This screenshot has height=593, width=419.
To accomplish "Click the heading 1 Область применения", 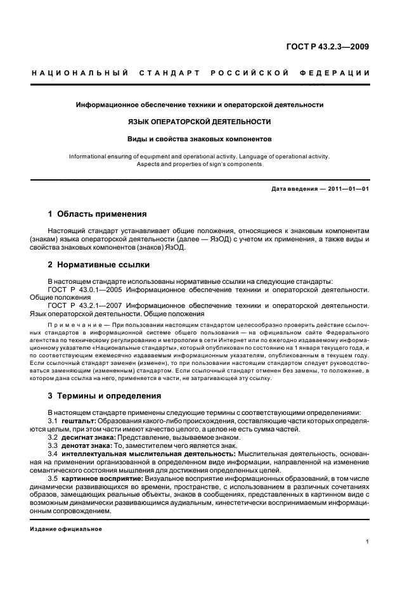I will pyautogui.click(x=98, y=214).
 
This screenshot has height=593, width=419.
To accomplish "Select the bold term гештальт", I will pyautogui.click(x=79, y=421).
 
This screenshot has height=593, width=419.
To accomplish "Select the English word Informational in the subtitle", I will pyautogui.click(x=88, y=155).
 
